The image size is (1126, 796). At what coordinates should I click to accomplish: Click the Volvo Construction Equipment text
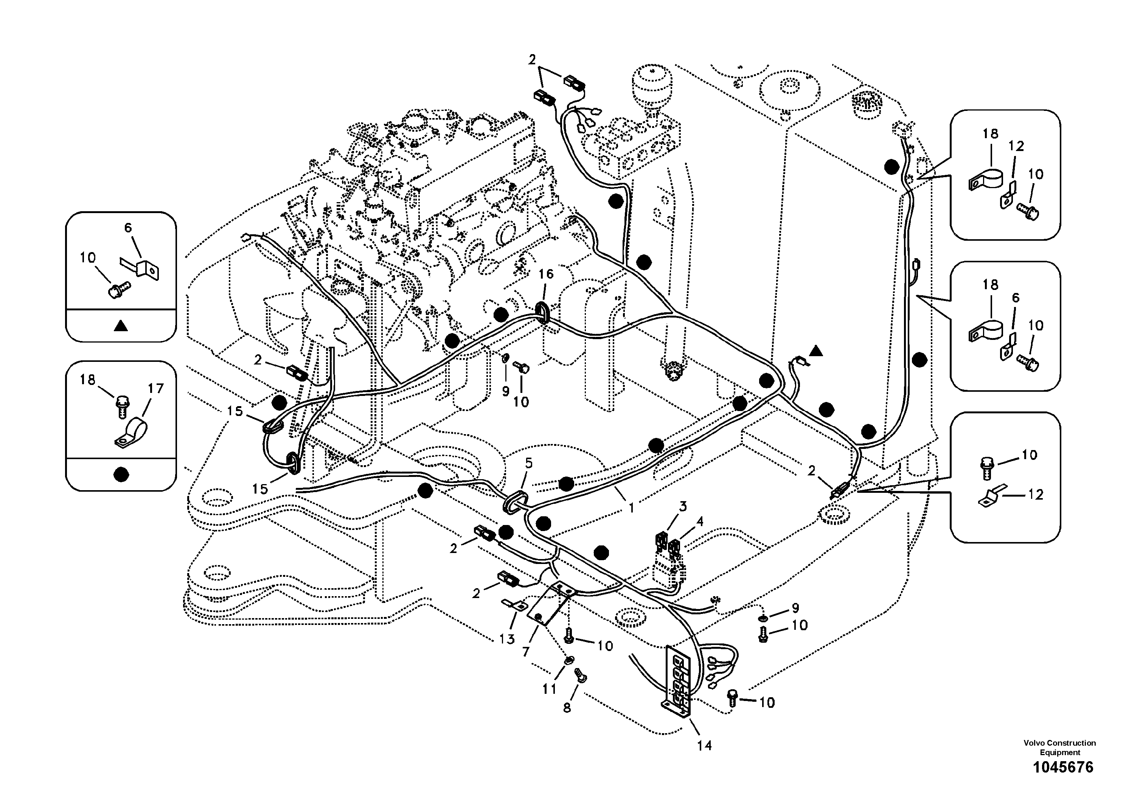[x=1059, y=748]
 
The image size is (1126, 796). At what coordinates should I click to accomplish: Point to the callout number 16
[x=546, y=274]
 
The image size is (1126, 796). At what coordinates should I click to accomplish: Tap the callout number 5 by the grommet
[x=529, y=463]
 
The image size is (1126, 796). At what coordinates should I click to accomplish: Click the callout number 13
[x=507, y=639]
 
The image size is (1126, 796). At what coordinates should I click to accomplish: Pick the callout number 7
[x=526, y=652]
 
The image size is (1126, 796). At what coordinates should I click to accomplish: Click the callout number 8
[x=567, y=708]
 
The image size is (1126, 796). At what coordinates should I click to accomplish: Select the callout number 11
[x=549, y=689]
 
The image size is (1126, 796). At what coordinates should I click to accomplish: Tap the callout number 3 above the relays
[x=683, y=506]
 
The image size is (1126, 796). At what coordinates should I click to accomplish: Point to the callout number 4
[x=700, y=521]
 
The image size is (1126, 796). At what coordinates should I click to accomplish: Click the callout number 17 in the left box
[x=155, y=389]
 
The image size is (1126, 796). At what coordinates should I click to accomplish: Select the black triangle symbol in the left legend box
[x=121, y=326]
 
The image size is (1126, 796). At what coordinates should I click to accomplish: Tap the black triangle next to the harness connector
[x=815, y=351]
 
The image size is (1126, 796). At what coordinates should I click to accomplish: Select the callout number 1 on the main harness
[x=632, y=508]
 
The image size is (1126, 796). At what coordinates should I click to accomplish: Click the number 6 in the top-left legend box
[x=128, y=228]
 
